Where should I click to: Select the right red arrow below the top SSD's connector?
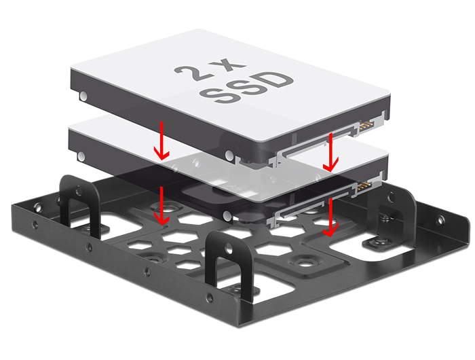331,152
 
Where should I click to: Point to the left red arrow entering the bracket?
161,206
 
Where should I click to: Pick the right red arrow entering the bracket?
330,217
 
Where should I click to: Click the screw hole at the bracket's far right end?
442,220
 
